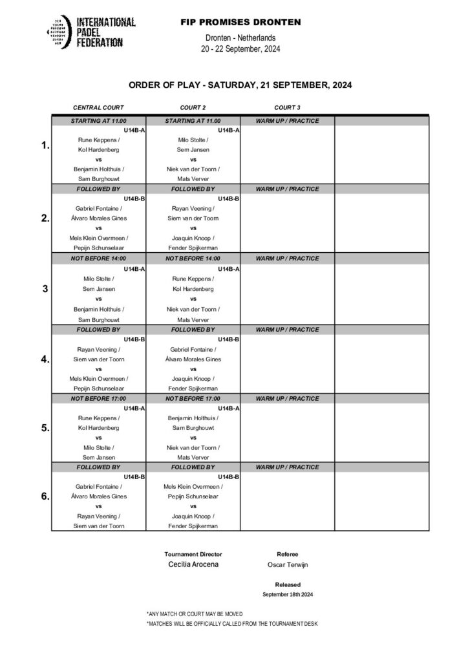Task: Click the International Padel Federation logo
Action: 90,32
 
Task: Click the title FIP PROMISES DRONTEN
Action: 240,22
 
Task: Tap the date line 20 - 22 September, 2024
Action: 240,49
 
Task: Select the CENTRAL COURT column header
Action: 98,107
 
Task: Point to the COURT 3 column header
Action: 287,107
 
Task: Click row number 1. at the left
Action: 45,146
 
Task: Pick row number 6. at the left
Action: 45,496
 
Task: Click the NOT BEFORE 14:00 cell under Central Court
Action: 98,259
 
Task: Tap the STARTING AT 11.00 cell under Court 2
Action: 193,121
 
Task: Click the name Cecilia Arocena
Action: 193,564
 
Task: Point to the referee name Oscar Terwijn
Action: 287,564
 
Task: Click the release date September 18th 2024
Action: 287,594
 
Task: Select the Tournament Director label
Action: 193,554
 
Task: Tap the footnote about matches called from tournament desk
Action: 232,623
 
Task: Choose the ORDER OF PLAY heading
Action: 240,85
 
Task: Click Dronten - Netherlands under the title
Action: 240,39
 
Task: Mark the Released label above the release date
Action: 287,584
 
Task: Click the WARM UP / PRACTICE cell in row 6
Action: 287,467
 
